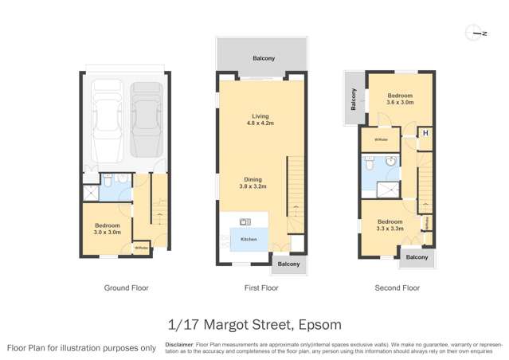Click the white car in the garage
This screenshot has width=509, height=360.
click(107, 119)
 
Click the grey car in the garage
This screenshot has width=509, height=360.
click(145, 119)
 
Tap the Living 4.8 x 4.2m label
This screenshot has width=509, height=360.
click(260, 120)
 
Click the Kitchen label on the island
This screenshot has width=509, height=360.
click(249, 237)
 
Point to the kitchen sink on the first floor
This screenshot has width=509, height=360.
click(245, 221)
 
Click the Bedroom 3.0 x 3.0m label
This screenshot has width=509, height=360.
click(107, 229)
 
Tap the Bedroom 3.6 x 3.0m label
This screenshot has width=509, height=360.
click(400, 99)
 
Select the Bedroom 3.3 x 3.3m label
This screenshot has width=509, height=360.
click(390, 225)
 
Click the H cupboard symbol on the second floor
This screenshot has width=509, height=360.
click(425, 132)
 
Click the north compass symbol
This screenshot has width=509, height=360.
click(480, 33)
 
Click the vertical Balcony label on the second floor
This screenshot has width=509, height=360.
click(354, 100)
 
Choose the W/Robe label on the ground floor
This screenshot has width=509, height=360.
click(140, 248)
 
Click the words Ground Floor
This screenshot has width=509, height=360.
click(127, 288)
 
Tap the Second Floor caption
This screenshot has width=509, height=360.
click(397, 288)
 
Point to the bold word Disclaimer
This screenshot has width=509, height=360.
click(179, 345)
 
